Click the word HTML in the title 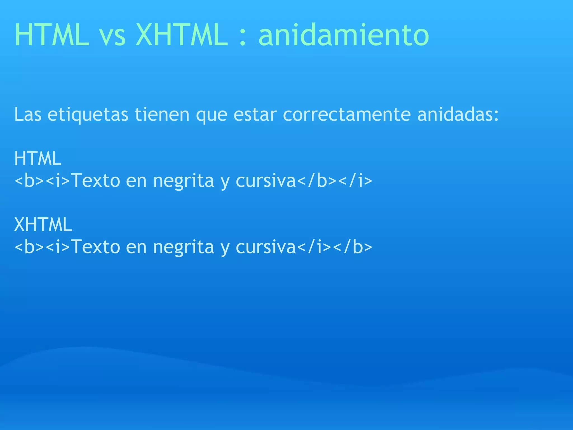point(52,35)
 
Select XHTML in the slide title point(182,35)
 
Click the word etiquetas point(88,115)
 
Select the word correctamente point(347,115)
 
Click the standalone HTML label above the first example point(38,158)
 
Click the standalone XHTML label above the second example point(43,225)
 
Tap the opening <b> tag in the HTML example point(29,181)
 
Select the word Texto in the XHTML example point(95,247)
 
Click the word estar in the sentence point(255,115)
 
